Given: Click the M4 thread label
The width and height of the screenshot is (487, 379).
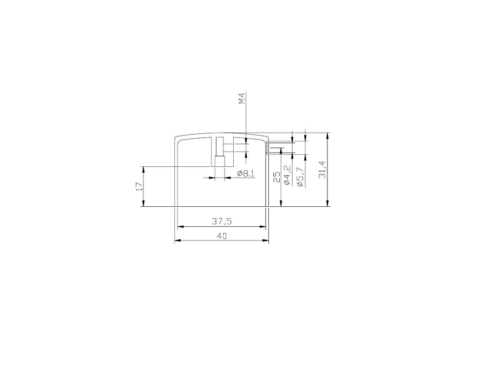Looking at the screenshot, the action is [x=242, y=98].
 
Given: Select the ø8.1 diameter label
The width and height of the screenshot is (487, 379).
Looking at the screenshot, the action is [x=246, y=174].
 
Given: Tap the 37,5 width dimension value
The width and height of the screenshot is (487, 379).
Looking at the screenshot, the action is [x=222, y=221].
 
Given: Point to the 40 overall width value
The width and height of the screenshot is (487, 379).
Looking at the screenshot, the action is [x=222, y=236].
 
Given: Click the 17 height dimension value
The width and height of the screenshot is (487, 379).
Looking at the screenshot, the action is [x=139, y=186].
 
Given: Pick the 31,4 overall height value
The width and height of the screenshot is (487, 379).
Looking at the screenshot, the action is [x=323, y=169].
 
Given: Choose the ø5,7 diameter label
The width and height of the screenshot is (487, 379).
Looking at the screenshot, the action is [x=300, y=177].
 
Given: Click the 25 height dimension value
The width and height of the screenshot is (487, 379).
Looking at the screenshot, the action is [x=277, y=178].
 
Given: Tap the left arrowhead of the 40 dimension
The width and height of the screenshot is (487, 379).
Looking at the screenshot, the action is [x=177, y=240].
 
